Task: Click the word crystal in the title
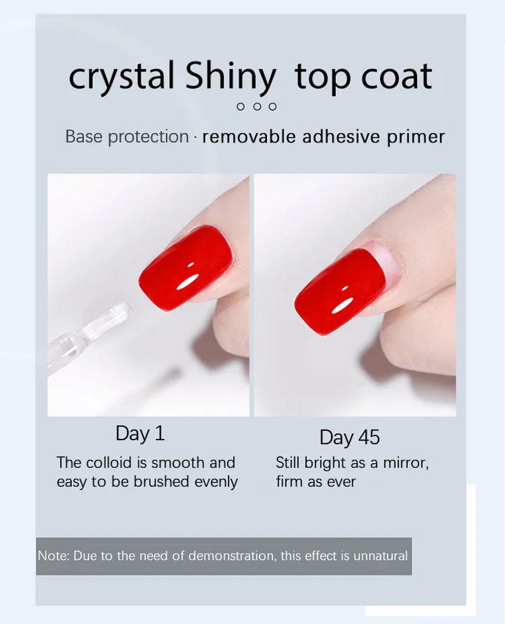[x=122, y=77]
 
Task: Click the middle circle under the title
[x=257, y=106]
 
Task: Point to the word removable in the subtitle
[x=249, y=136]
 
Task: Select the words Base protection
[x=127, y=136]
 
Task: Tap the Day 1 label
[x=140, y=433]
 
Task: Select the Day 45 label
[x=350, y=437]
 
